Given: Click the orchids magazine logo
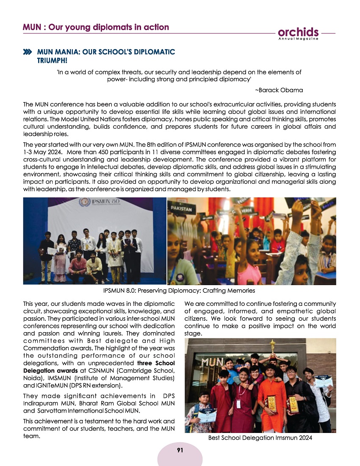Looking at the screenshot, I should coord(299,32).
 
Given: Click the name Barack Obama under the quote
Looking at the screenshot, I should coord(279,90).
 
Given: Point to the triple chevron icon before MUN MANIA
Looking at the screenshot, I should coord(28,52).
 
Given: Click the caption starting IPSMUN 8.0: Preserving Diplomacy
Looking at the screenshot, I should coord(179,291).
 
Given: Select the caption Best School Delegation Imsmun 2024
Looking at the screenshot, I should coord(260,438).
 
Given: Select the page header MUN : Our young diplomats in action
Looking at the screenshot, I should coord(96,28).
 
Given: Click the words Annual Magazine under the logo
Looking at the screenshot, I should coord(298,39).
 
